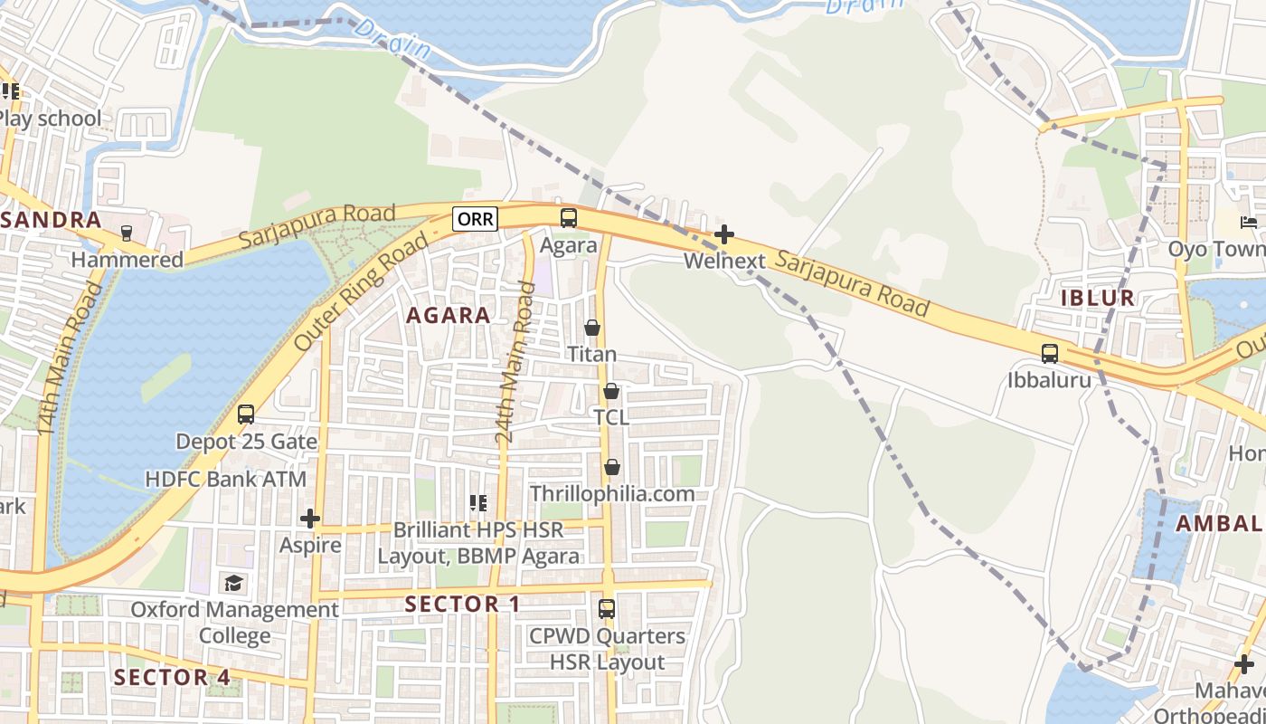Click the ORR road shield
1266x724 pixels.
tap(476, 219)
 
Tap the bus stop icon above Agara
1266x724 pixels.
tap(568, 218)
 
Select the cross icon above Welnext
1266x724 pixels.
tap(723, 235)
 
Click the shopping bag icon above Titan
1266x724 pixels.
tap(592, 328)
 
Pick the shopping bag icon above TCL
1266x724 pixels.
tap(611, 391)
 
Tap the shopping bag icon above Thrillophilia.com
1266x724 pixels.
tap(612, 467)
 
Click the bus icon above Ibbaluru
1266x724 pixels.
tap(1049, 353)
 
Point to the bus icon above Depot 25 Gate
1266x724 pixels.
tap(246, 414)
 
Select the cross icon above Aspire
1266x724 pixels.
tap(310, 519)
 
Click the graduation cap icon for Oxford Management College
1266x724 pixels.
tap(234, 583)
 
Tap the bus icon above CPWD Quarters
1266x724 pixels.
tap(607, 609)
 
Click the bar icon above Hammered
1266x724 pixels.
tap(127, 233)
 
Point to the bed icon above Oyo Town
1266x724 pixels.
tap(1250, 223)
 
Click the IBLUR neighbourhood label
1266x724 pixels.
tap(1099, 298)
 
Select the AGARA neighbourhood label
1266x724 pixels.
tap(449, 315)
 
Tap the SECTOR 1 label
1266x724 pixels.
tap(462, 604)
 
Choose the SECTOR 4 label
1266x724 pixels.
tap(172, 677)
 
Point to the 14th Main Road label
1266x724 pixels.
tap(71, 357)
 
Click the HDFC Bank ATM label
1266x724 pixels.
tap(226, 479)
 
